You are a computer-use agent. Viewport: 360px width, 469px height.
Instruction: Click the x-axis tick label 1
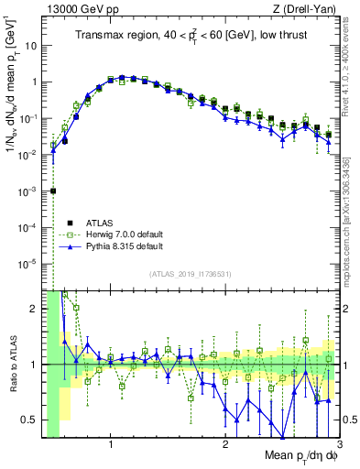pos(111,445)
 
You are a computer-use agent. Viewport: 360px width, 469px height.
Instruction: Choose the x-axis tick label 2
pos(225,445)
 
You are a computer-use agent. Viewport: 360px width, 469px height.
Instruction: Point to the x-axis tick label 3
pos(339,445)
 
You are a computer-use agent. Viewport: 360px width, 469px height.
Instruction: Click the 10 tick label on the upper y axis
pos(30,45)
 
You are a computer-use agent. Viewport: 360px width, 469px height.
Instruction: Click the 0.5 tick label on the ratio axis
pos(28,420)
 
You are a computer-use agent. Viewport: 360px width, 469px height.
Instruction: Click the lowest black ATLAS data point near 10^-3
pos(53,191)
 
